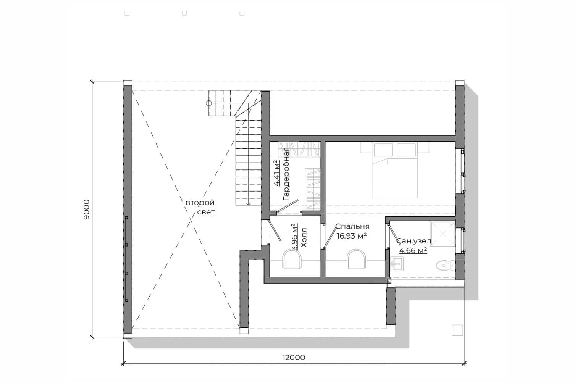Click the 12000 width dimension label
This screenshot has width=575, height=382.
294,357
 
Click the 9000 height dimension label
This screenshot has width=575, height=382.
87,210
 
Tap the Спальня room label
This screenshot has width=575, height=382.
352,226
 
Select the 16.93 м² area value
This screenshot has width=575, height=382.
352,236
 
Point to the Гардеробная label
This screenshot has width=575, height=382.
286,174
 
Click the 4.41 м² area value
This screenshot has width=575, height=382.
277,173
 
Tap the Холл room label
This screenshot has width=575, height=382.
304,238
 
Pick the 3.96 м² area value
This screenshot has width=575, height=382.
295,237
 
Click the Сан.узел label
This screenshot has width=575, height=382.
413,241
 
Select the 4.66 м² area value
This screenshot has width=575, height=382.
413,250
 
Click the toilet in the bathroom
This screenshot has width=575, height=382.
445,265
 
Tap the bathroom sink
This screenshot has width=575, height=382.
397,264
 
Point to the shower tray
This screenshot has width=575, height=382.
443,234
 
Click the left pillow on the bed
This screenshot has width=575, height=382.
383,150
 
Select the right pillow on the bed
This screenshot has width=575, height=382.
406,150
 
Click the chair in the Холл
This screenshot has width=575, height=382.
292,259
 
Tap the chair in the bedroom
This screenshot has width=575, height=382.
356,259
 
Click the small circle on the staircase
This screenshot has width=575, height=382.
209,103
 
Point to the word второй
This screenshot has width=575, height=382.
200,203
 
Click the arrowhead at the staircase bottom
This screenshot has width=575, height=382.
248,204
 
